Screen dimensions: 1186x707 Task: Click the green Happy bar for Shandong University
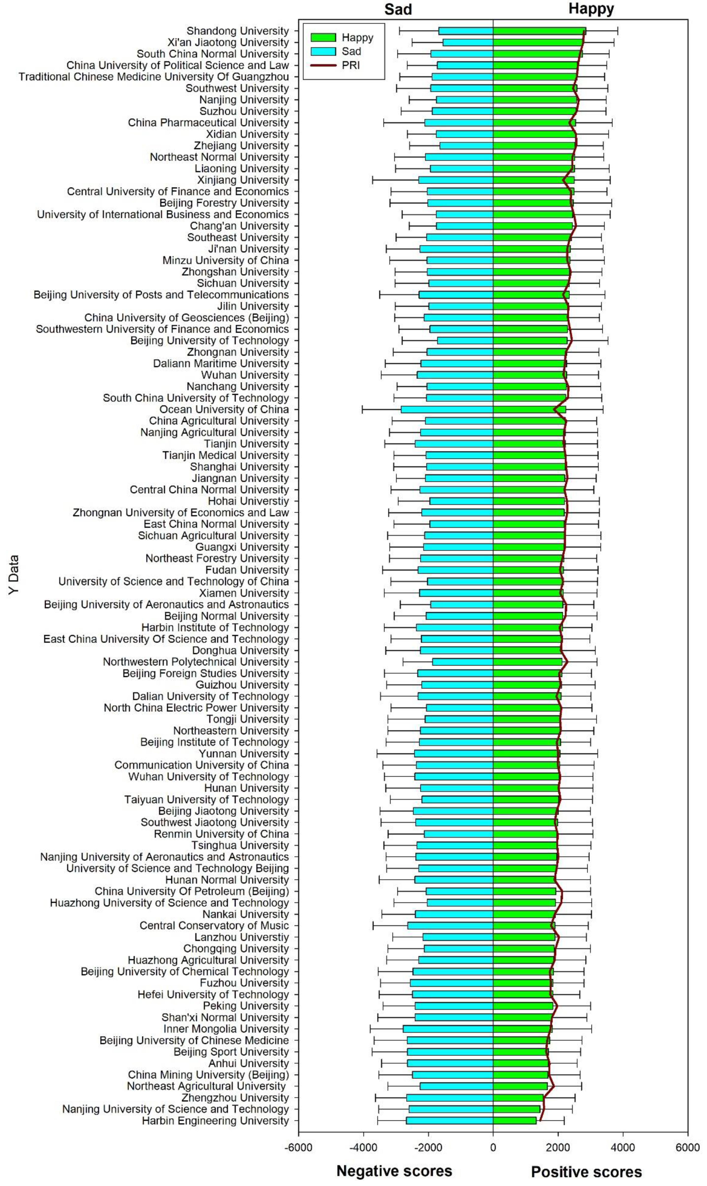(538, 31)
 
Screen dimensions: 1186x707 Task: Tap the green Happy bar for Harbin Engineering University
(514, 1121)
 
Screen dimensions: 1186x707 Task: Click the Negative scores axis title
(394, 1171)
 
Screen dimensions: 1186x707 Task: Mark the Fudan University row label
(247, 570)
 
